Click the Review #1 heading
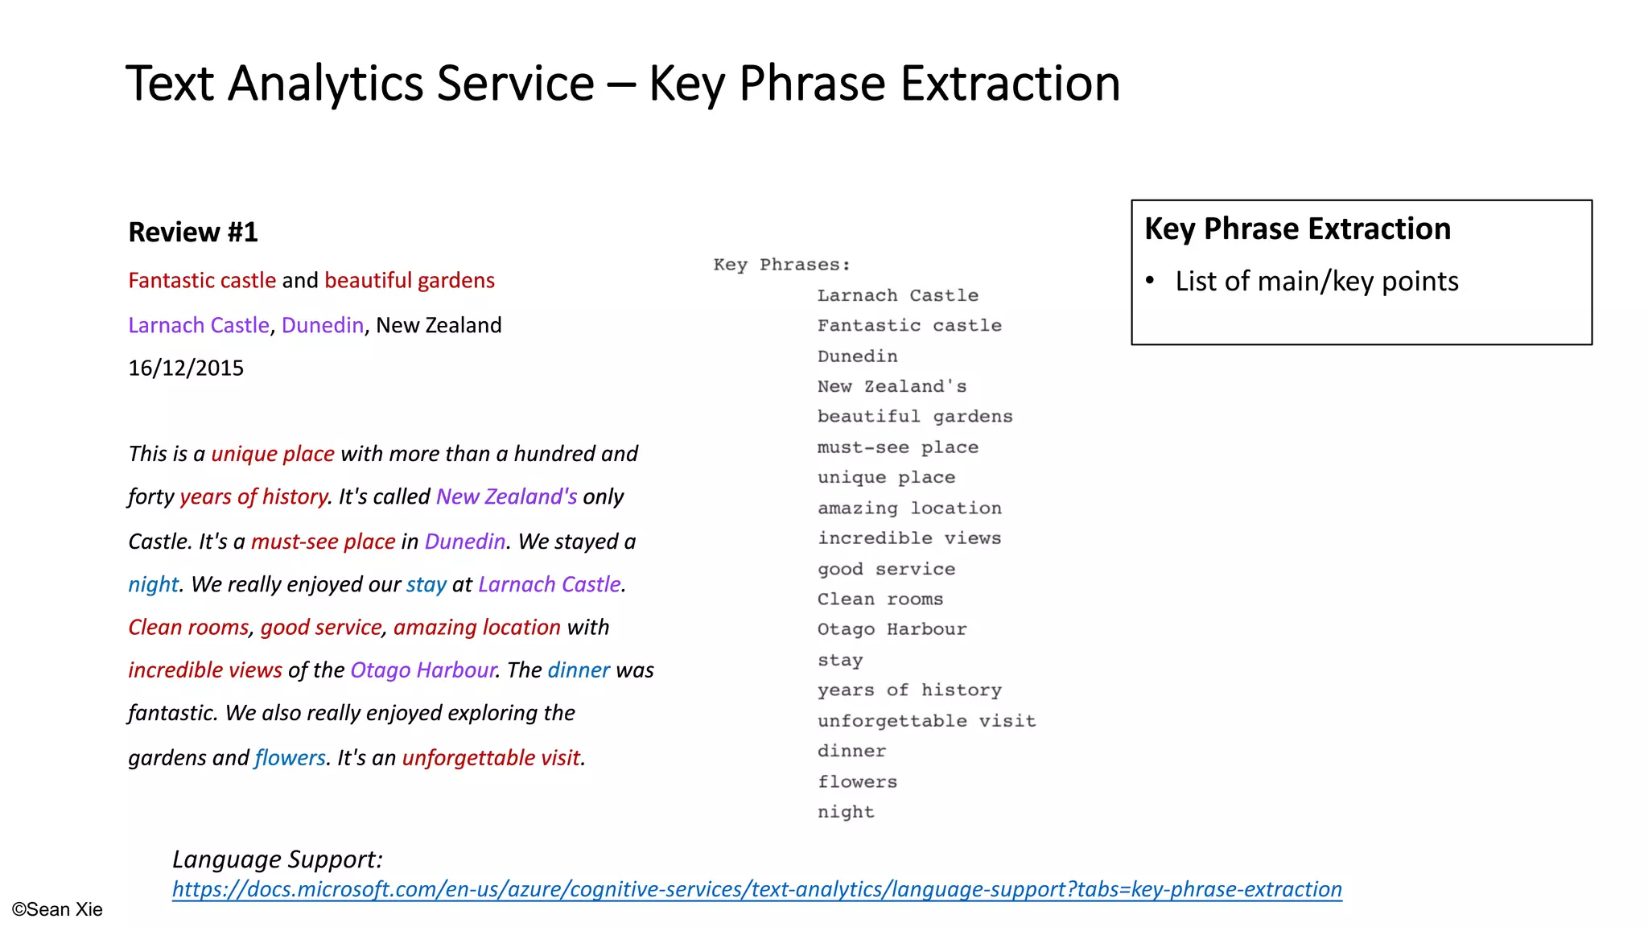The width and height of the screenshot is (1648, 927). pyautogui.click(x=193, y=233)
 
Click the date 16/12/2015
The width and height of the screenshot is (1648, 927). pyautogui.click(x=186, y=369)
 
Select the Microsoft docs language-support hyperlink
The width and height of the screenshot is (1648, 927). pyautogui.click(x=756, y=889)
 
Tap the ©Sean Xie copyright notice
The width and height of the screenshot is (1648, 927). pyautogui.click(x=57, y=910)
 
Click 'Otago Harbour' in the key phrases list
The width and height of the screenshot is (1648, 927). pyautogui.click(x=892, y=629)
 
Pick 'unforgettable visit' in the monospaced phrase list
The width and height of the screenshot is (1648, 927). pyautogui.click(x=926, y=721)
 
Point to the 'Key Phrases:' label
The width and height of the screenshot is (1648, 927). pyautogui.click(x=781, y=265)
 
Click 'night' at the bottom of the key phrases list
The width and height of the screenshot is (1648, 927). pyautogui.click(x=845, y=812)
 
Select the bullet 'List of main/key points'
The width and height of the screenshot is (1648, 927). pyautogui.click(x=1316, y=282)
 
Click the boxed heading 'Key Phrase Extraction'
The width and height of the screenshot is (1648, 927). pyautogui.click(x=1297, y=229)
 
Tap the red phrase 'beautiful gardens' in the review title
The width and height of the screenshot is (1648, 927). pyautogui.click(x=410, y=281)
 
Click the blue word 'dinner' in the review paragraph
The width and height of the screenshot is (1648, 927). pyautogui.click(x=579, y=670)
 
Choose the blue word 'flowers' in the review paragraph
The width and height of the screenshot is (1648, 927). pyautogui.click(x=290, y=758)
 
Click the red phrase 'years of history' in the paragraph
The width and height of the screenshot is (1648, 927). pyautogui.click(x=253, y=497)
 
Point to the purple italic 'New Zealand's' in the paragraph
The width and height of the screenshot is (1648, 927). pyautogui.click(x=506, y=497)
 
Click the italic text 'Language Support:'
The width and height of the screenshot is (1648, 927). pyautogui.click(x=278, y=859)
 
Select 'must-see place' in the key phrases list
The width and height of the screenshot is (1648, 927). pyautogui.click(x=897, y=447)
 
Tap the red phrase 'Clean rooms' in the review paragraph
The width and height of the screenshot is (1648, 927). pyautogui.click(x=188, y=628)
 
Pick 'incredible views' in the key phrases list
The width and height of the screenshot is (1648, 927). pyautogui.click(x=909, y=538)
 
